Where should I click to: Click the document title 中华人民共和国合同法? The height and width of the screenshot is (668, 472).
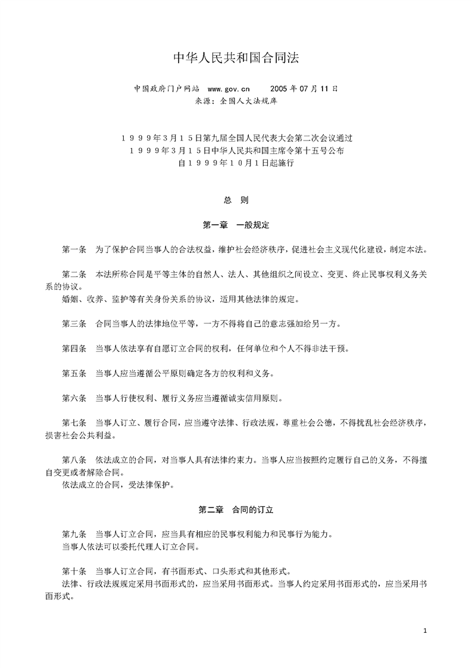tap(236, 58)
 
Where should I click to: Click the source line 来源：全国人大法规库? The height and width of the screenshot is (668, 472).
tap(236, 101)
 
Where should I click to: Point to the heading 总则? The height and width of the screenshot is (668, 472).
tap(236, 201)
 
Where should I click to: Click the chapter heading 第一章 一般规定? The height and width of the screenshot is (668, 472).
tap(236, 226)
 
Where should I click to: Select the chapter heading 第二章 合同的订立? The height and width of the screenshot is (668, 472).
tap(236, 510)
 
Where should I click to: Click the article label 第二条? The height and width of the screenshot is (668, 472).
tap(74, 274)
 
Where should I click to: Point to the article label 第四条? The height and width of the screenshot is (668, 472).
tap(74, 348)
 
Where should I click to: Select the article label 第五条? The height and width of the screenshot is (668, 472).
tap(74, 373)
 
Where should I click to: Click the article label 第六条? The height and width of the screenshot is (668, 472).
tap(74, 398)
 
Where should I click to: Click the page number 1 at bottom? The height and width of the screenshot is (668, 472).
tap(425, 630)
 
